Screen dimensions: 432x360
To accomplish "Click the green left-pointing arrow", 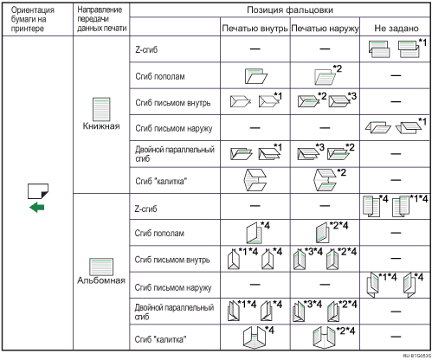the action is [x=37, y=208].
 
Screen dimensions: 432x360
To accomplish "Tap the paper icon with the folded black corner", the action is [x=38, y=191].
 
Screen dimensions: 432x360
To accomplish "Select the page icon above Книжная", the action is [x=101, y=109].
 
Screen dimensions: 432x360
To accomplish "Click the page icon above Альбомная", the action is [x=101, y=267].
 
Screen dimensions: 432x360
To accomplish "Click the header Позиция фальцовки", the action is [x=290, y=10].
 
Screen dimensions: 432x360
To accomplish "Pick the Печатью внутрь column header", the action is [x=255, y=29].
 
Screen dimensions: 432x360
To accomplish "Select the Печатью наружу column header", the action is [x=326, y=29].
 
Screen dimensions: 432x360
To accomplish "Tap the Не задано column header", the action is [x=397, y=28].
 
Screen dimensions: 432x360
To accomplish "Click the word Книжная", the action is [x=101, y=126].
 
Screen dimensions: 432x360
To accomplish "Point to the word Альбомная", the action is [x=101, y=280].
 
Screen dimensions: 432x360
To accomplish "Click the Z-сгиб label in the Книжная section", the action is [x=146, y=49].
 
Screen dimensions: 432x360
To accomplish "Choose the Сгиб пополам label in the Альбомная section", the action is [x=159, y=233].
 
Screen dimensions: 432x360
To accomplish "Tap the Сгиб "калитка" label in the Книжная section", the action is [x=161, y=181].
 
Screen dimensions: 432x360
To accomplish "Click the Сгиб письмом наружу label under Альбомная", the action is [x=173, y=287].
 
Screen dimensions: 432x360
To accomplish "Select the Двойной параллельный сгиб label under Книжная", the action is [x=175, y=154].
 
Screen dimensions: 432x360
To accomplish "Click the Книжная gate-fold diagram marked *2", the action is [x=326, y=180].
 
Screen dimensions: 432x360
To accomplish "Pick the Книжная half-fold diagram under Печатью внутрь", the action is [x=256, y=76].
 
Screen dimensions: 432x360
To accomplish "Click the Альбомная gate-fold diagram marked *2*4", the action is [x=326, y=337].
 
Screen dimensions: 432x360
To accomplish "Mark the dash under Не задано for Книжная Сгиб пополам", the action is [x=396, y=75].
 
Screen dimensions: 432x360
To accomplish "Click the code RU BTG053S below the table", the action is [x=416, y=356].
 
